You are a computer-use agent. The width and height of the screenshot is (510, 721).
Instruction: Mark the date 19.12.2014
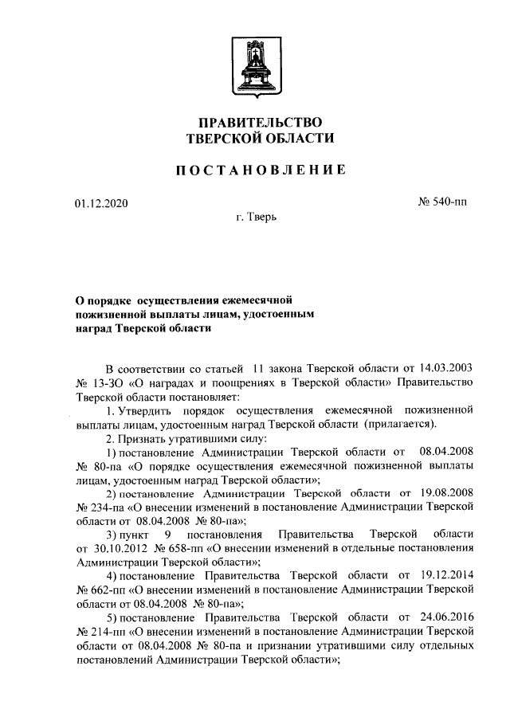[447, 574]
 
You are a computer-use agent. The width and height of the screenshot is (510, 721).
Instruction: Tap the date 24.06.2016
[447, 615]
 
